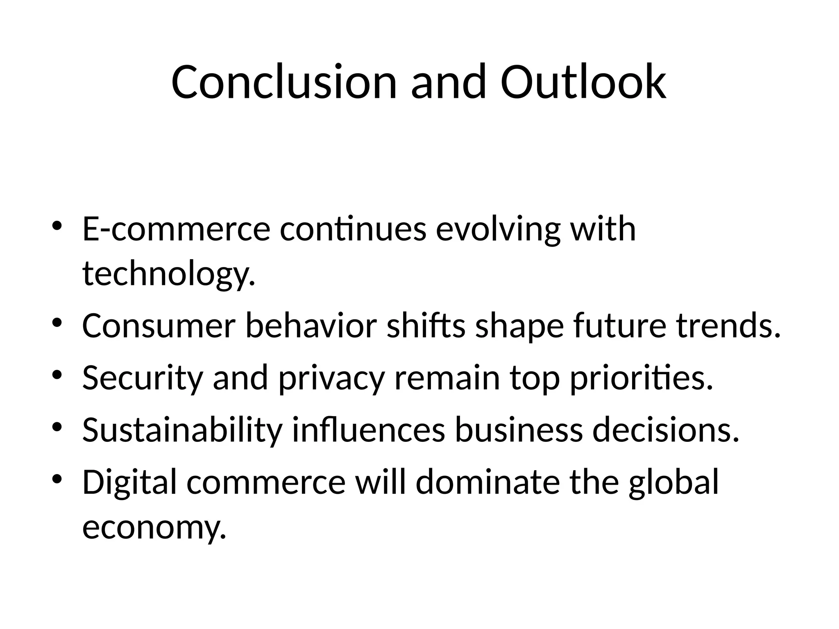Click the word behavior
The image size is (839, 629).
click(311, 326)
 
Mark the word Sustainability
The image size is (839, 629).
click(182, 430)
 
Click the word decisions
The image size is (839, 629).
click(666, 430)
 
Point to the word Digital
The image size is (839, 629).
click(129, 482)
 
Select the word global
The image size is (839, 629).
click(674, 482)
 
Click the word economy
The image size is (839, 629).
click(154, 527)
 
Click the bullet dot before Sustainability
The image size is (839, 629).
click(57, 428)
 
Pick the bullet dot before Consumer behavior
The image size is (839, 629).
click(57, 323)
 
